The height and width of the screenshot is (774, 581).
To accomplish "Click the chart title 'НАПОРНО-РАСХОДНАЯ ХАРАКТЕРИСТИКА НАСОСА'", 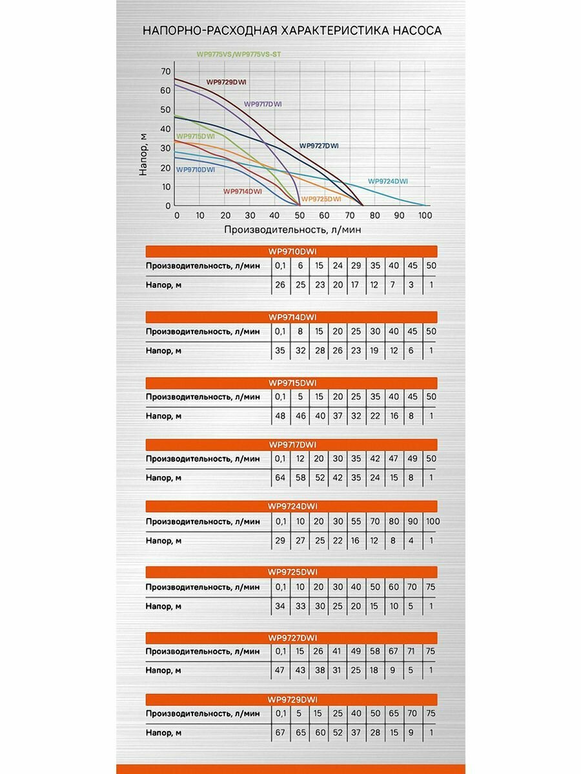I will coord(292,31).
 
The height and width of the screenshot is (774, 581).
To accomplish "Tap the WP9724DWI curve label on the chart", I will coord(388,181).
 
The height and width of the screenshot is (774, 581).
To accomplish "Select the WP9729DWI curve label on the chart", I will coord(227,82).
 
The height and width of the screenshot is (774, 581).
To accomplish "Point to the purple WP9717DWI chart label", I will coord(263,104).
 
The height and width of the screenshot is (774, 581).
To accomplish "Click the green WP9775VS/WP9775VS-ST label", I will coord(239,55).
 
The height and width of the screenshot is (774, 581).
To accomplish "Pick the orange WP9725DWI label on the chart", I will coord(321,199).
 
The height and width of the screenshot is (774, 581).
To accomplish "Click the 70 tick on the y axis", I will coord(166,71).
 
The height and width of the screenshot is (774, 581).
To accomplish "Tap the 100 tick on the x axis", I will coord(424,216).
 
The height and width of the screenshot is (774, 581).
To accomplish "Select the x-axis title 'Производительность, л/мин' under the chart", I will coord(292,229).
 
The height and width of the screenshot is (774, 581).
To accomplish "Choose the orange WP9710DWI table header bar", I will coord(292,251).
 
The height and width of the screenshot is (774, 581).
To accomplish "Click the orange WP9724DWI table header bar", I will coord(292,506).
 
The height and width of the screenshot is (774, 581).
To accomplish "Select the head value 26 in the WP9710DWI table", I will coord(280,285).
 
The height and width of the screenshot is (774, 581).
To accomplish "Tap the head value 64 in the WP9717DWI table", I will coord(280,478).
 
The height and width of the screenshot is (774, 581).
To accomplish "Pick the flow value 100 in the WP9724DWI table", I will coord(432,521).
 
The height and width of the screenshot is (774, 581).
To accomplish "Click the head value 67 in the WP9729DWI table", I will coord(280,733).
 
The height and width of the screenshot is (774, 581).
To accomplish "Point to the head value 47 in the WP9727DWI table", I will coord(280,671).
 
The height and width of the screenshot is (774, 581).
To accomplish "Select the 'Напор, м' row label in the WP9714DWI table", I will coord(163,351).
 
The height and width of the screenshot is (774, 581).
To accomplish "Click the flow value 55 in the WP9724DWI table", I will coord(356,521).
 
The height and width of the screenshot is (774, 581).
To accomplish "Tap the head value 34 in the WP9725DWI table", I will coord(280,606).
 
